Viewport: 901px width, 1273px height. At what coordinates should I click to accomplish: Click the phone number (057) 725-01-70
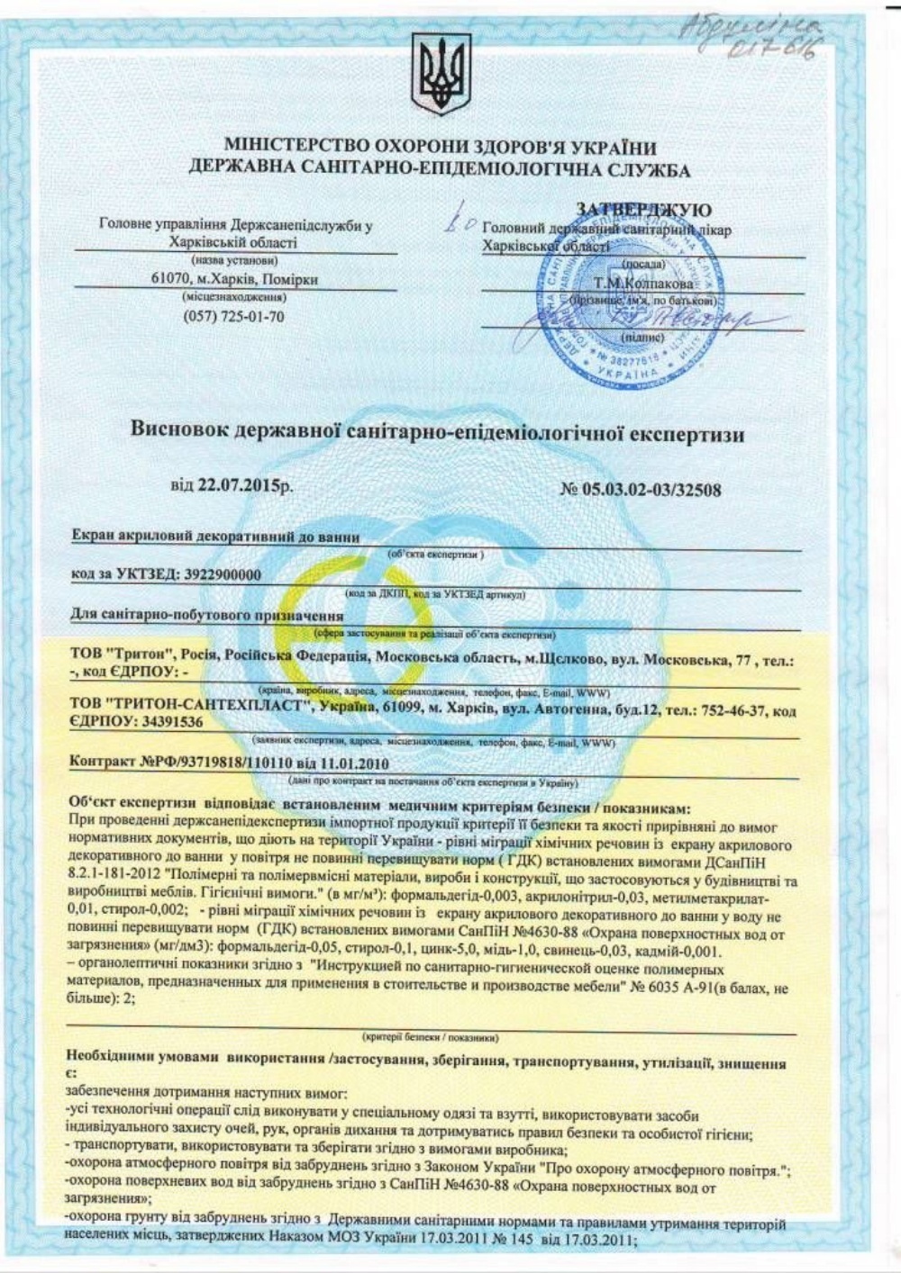(233, 316)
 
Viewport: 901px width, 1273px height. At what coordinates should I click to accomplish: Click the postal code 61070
(170, 280)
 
